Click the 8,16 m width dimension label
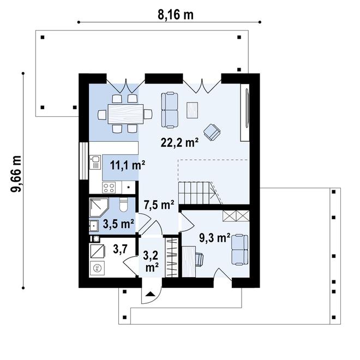176,14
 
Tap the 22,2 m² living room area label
179,142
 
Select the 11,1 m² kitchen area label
127,164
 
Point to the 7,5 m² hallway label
159,205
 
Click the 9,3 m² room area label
212,237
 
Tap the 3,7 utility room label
120,249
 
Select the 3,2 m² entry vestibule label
151,260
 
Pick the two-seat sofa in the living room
170,109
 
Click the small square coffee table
193,110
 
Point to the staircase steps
199,193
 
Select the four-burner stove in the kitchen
109,187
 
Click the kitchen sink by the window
95,161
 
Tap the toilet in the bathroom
123,205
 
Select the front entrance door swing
149,296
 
